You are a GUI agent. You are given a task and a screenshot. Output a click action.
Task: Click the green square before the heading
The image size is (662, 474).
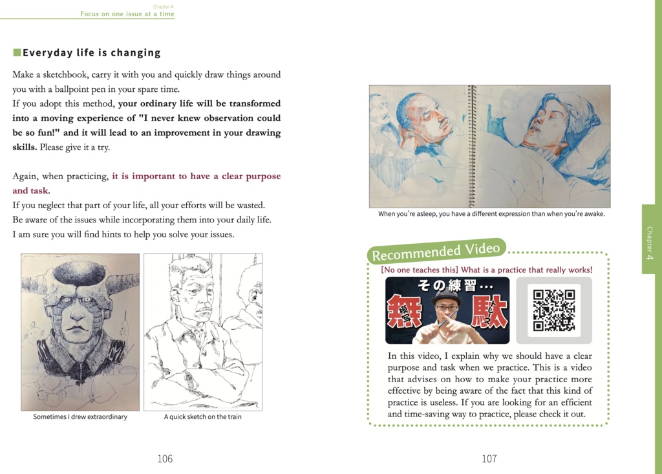point(17,52)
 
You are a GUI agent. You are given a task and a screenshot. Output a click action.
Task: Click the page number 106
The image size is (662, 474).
point(165,458)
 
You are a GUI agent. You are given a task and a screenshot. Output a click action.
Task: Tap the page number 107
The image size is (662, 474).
point(489,458)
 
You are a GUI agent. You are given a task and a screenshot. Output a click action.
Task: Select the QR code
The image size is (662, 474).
point(553,310)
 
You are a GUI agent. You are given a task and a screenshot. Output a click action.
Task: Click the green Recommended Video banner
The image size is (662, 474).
point(436,251)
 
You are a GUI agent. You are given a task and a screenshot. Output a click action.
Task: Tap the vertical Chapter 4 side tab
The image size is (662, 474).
point(649,239)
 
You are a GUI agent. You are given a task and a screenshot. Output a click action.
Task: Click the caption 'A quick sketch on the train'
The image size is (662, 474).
point(202,417)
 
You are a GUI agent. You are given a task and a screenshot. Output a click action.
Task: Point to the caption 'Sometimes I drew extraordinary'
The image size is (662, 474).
point(80,417)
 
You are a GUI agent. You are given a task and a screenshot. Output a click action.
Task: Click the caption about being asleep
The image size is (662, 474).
point(491,214)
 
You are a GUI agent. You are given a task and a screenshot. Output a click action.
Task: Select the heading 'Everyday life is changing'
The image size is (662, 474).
point(91,53)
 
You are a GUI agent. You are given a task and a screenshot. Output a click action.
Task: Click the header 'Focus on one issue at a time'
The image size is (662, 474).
point(127,14)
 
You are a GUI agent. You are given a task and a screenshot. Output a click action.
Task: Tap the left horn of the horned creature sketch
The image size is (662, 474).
point(32,284)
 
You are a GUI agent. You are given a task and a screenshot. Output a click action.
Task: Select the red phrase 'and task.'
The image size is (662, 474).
point(31,191)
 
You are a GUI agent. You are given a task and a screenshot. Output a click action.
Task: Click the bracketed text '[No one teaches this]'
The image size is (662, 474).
point(419,270)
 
